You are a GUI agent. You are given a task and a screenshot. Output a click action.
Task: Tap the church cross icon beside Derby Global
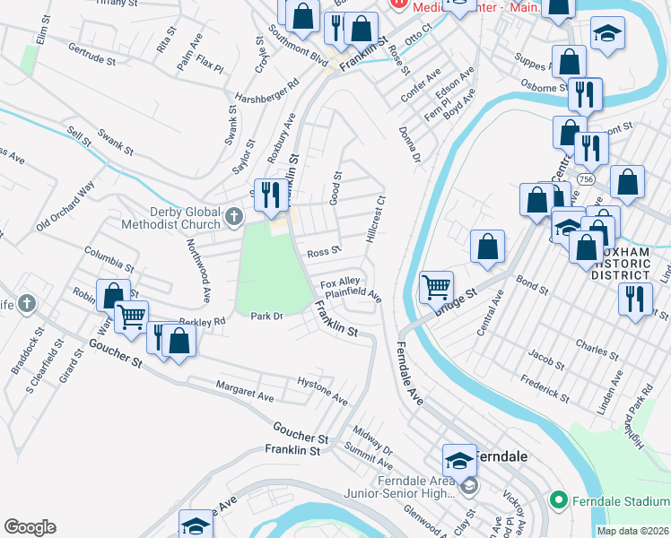234,215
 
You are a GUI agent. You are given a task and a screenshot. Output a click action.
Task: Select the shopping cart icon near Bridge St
436,287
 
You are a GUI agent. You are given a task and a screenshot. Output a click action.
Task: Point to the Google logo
30,527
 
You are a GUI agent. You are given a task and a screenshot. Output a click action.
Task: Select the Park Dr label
266,317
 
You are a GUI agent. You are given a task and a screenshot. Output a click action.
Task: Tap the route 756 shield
586,179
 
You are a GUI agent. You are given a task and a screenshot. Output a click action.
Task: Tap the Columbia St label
109,259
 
